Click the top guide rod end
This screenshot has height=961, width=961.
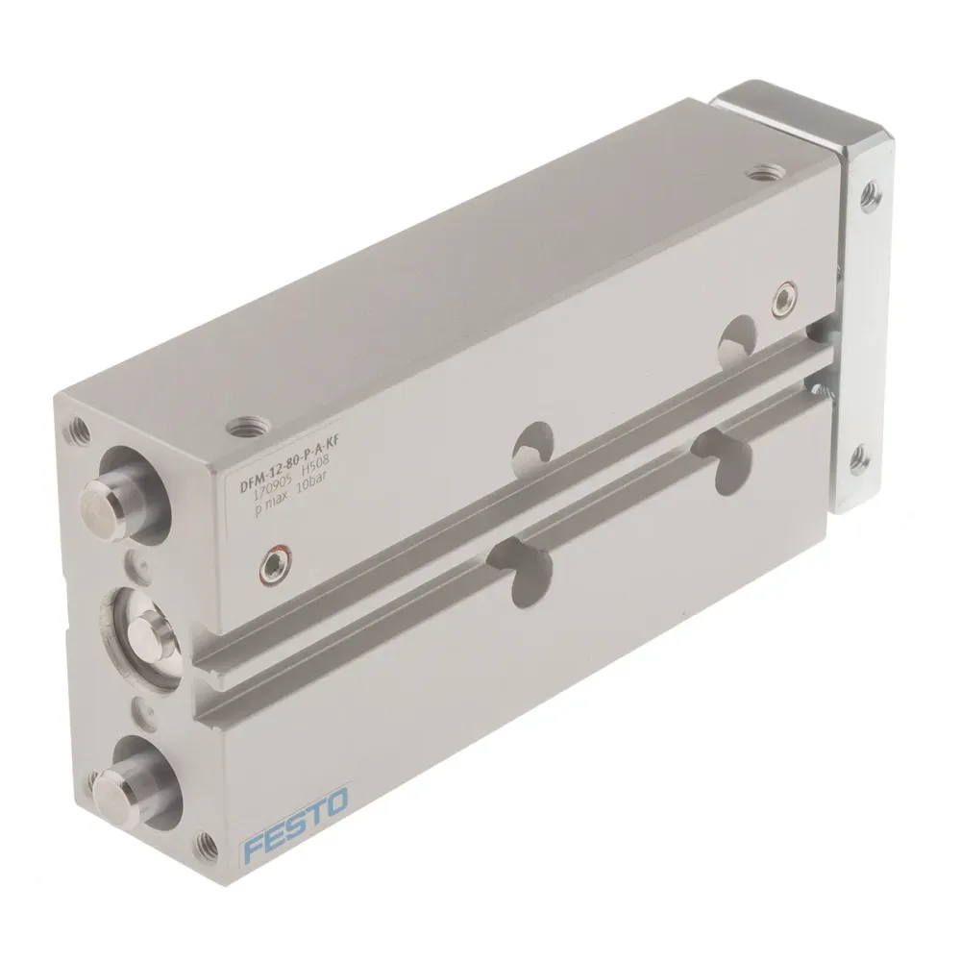(x=107, y=498)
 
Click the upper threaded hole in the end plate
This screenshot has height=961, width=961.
(x=871, y=191)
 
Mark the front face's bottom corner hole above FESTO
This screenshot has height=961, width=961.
(x=205, y=846)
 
